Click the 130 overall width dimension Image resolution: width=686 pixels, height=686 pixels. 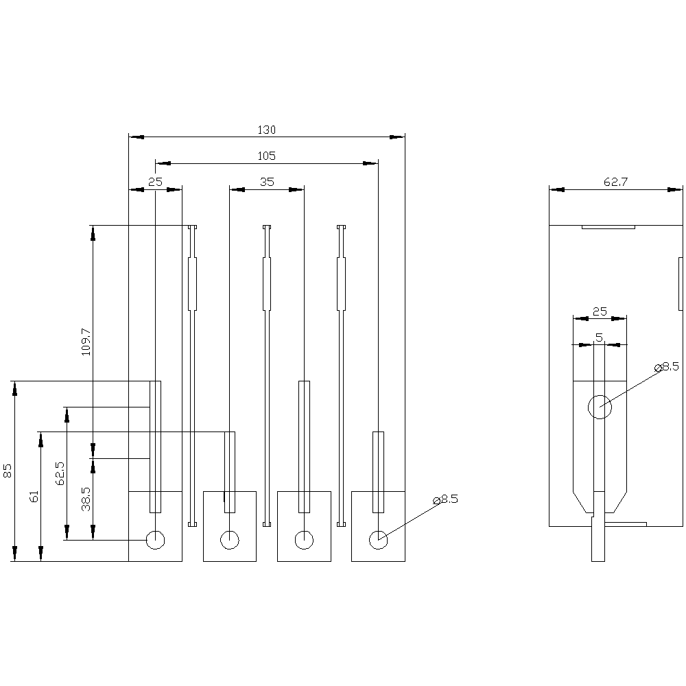[266, 130]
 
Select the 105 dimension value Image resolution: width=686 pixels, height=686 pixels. [266, 156]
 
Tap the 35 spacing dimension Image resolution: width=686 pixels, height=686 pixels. [266, 182]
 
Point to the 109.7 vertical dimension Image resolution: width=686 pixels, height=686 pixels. [85, 341]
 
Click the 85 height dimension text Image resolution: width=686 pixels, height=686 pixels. [8, 471]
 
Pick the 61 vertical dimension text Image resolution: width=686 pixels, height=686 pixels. [34, 497]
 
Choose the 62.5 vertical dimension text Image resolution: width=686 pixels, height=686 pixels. [60, 473]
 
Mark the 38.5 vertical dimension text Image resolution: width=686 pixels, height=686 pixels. [86, 499]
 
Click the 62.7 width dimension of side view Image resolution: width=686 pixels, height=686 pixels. [616, 182]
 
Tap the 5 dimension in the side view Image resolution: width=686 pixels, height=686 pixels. [599, 338]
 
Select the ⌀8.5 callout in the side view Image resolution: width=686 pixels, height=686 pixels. [667, 367]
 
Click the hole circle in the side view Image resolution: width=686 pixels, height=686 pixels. [600, 407]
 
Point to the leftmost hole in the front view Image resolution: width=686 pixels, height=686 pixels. [156, 540]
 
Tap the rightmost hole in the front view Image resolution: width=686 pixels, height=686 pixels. [378, 540]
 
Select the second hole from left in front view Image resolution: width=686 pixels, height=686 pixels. [230, 540]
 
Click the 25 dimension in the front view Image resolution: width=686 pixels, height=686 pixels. [156, 182]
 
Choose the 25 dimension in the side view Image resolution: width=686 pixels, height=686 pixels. [600, 311]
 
